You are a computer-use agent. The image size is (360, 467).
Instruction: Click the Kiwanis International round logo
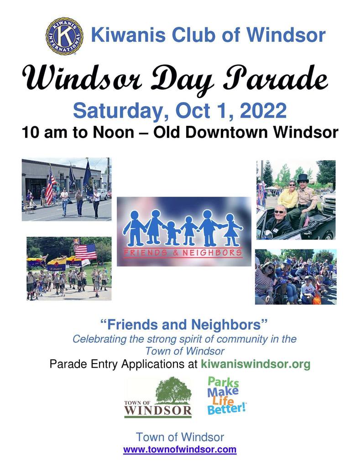coord(64,36)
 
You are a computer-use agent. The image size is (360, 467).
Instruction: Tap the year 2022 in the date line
coord(263,111)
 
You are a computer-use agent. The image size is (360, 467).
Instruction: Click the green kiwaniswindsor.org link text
coord(256,364)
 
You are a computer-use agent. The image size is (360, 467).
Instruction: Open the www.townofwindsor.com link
coord(180,449)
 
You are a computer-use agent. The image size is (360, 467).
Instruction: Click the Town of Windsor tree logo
coord(158,398)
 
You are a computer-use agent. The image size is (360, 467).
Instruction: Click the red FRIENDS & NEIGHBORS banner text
coord(183,253)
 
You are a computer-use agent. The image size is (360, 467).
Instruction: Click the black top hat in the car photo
coord(303,179)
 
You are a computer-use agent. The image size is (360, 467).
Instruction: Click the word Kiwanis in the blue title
coord(128,35)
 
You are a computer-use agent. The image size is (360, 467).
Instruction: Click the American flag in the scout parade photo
coord(85,251)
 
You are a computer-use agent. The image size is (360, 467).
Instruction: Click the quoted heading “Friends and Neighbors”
coord(184,324)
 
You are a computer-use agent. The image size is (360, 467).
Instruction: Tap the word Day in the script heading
coord(182,78)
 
